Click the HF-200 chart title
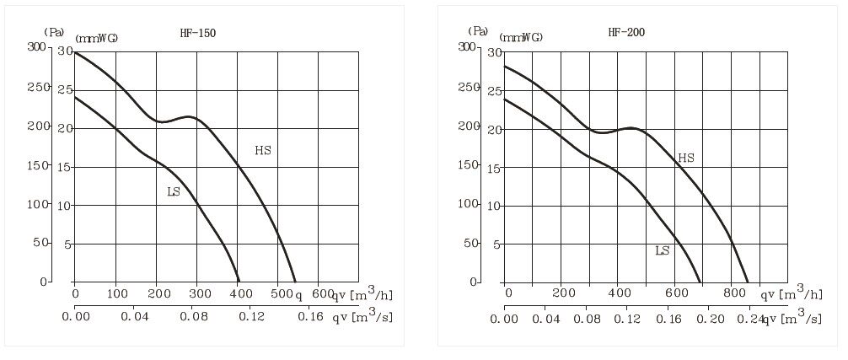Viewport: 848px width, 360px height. [x=626, y=33]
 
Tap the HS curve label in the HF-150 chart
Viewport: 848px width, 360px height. [x=263, y=150]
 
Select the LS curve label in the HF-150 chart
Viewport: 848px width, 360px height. [x=174, y=191]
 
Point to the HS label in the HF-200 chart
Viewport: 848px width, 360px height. [x=686, y=158]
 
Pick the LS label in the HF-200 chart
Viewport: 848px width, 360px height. [x=663, y=250]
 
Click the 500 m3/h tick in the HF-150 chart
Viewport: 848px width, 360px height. [x=282, y=293]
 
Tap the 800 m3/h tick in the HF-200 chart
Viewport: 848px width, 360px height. [x=734, y=293]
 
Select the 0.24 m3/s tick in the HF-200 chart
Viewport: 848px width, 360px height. [x=761, y=320]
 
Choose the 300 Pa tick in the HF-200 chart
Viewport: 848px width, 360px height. [x=469, y=47]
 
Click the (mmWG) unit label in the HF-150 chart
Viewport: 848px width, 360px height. [x=96, y=38]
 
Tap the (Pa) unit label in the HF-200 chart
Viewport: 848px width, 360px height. [x=479, y=32]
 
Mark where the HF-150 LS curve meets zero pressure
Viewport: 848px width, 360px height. [x=239, y=282]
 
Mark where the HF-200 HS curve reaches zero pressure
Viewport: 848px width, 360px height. [x=748, y=282]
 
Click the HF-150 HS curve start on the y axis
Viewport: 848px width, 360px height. [x=74, y=52]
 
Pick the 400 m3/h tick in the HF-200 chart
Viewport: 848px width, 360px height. [x=620, y=293]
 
